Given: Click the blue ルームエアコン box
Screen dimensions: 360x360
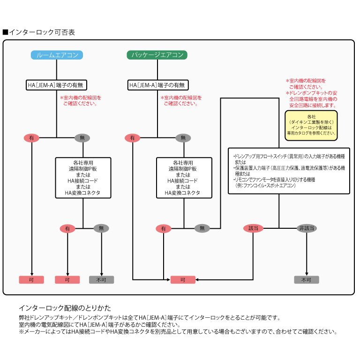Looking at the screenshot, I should tap(57, 55).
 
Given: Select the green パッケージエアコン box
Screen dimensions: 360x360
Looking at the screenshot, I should tap(157, 55).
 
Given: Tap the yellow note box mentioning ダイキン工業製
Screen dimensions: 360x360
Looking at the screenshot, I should tap(311, 124).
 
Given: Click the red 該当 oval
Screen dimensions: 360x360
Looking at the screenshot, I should tap(253, 228).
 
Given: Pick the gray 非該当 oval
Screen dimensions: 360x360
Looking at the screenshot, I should tap(307, 228).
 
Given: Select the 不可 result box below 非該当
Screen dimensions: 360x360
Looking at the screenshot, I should tap(307, 280).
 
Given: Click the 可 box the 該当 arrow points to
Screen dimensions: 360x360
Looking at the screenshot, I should tap(182, 280).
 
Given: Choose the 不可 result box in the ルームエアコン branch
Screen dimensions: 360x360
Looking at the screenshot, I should tap(101, 280).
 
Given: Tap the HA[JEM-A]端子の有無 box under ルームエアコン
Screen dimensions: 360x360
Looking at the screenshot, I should tap(57, 85).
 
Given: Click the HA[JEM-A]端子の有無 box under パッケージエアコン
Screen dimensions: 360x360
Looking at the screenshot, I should tap(158, 85).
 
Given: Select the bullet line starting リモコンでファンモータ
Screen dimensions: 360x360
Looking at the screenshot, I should tap(274, 180).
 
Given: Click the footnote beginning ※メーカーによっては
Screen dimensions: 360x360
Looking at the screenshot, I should tap(178, 331).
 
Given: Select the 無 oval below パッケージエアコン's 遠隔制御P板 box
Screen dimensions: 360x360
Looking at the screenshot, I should tap(202, 228).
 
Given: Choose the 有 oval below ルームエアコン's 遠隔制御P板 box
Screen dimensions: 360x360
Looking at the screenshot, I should tap(67, 228).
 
